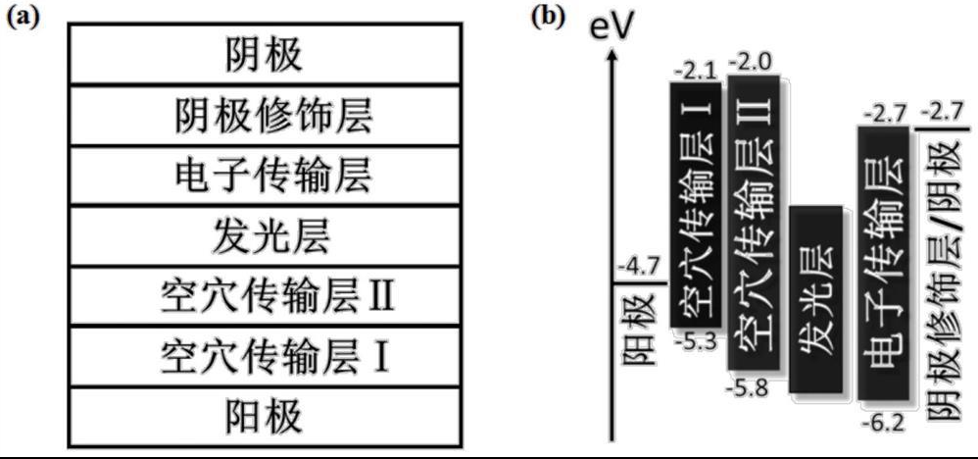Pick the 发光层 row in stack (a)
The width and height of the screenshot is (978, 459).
pyautogui.click(x=265, y=235)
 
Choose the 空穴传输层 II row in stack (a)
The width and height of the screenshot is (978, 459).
pyautogui.click(x=265, y=295)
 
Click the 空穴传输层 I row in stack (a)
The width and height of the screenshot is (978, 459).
pyautogui.click(x=265, y=356)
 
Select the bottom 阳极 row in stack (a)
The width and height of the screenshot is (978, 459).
pyautogui.click(x=265, y=416)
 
